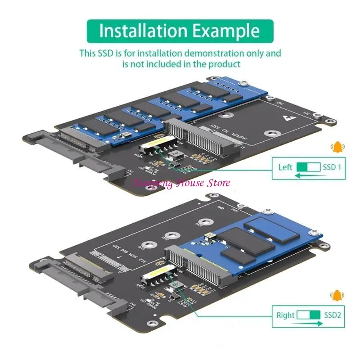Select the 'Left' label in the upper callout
click(x=285, y=167)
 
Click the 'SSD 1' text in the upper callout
click(x=332, y=167)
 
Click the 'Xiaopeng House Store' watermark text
click(x=180, y=183)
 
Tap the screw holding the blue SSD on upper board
click(x=243, y=82)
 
